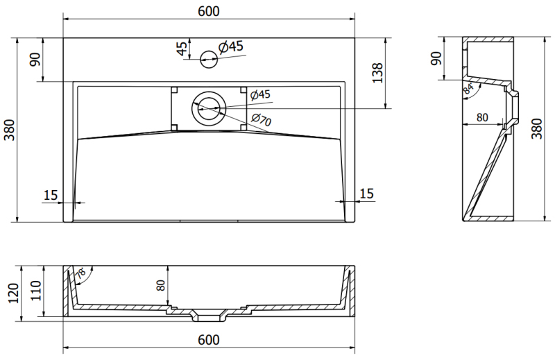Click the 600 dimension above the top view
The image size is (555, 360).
(x=209, y=11)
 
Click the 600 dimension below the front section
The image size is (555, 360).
(x=209, y=340)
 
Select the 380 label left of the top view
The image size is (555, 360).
(x=10, y=130)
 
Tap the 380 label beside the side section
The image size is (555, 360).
(x=536, y=128)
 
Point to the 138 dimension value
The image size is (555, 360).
(x=377, y=73)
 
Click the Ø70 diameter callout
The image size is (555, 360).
(x=262, y=119)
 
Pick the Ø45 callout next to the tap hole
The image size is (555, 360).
(x=231, y=46)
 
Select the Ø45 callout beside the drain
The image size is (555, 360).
(x=260, y=94)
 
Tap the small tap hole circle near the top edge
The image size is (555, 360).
(x=209, y=59)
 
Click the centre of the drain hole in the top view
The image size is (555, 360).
(x=209, y=108)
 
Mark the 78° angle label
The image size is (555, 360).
(x=80, y=275)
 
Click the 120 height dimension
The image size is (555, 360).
(x=13, y=293)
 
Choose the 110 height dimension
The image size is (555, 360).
(x=36, y=291)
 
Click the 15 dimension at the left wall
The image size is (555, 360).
(x=50, y=195)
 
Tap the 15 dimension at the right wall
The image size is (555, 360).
(x=366, y=194)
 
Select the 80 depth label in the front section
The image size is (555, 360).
(x=161, y=285)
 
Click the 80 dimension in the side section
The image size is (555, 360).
(x=482, y=117)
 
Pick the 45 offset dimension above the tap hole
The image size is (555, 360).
(x=182, y=49)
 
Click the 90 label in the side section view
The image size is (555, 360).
(x=436, y=58)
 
